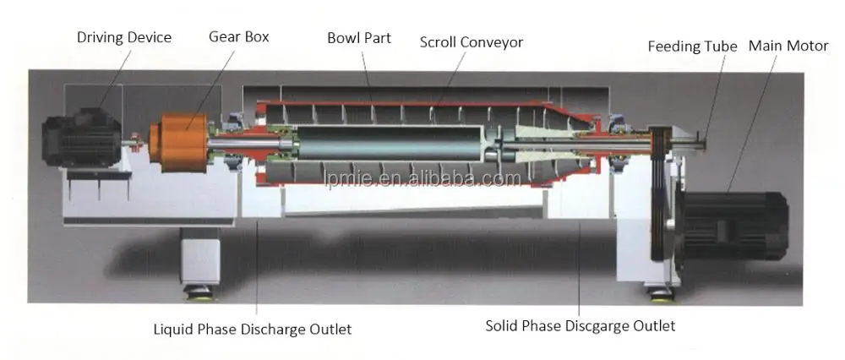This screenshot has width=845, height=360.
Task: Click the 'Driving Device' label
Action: [124, 37]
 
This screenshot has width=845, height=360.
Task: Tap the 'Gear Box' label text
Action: [239, 37]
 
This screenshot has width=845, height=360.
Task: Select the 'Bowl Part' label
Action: [359, 38]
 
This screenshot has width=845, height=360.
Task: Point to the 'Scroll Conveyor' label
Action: [472, 41]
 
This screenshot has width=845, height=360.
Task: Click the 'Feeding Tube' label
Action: [692, 46]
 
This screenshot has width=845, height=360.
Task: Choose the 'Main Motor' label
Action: [788, 45]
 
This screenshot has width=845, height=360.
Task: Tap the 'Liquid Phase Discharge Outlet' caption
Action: [252, 328]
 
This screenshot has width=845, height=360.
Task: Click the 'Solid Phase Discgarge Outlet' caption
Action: [580, 325]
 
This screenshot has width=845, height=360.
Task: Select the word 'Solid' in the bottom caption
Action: [503, 325]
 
